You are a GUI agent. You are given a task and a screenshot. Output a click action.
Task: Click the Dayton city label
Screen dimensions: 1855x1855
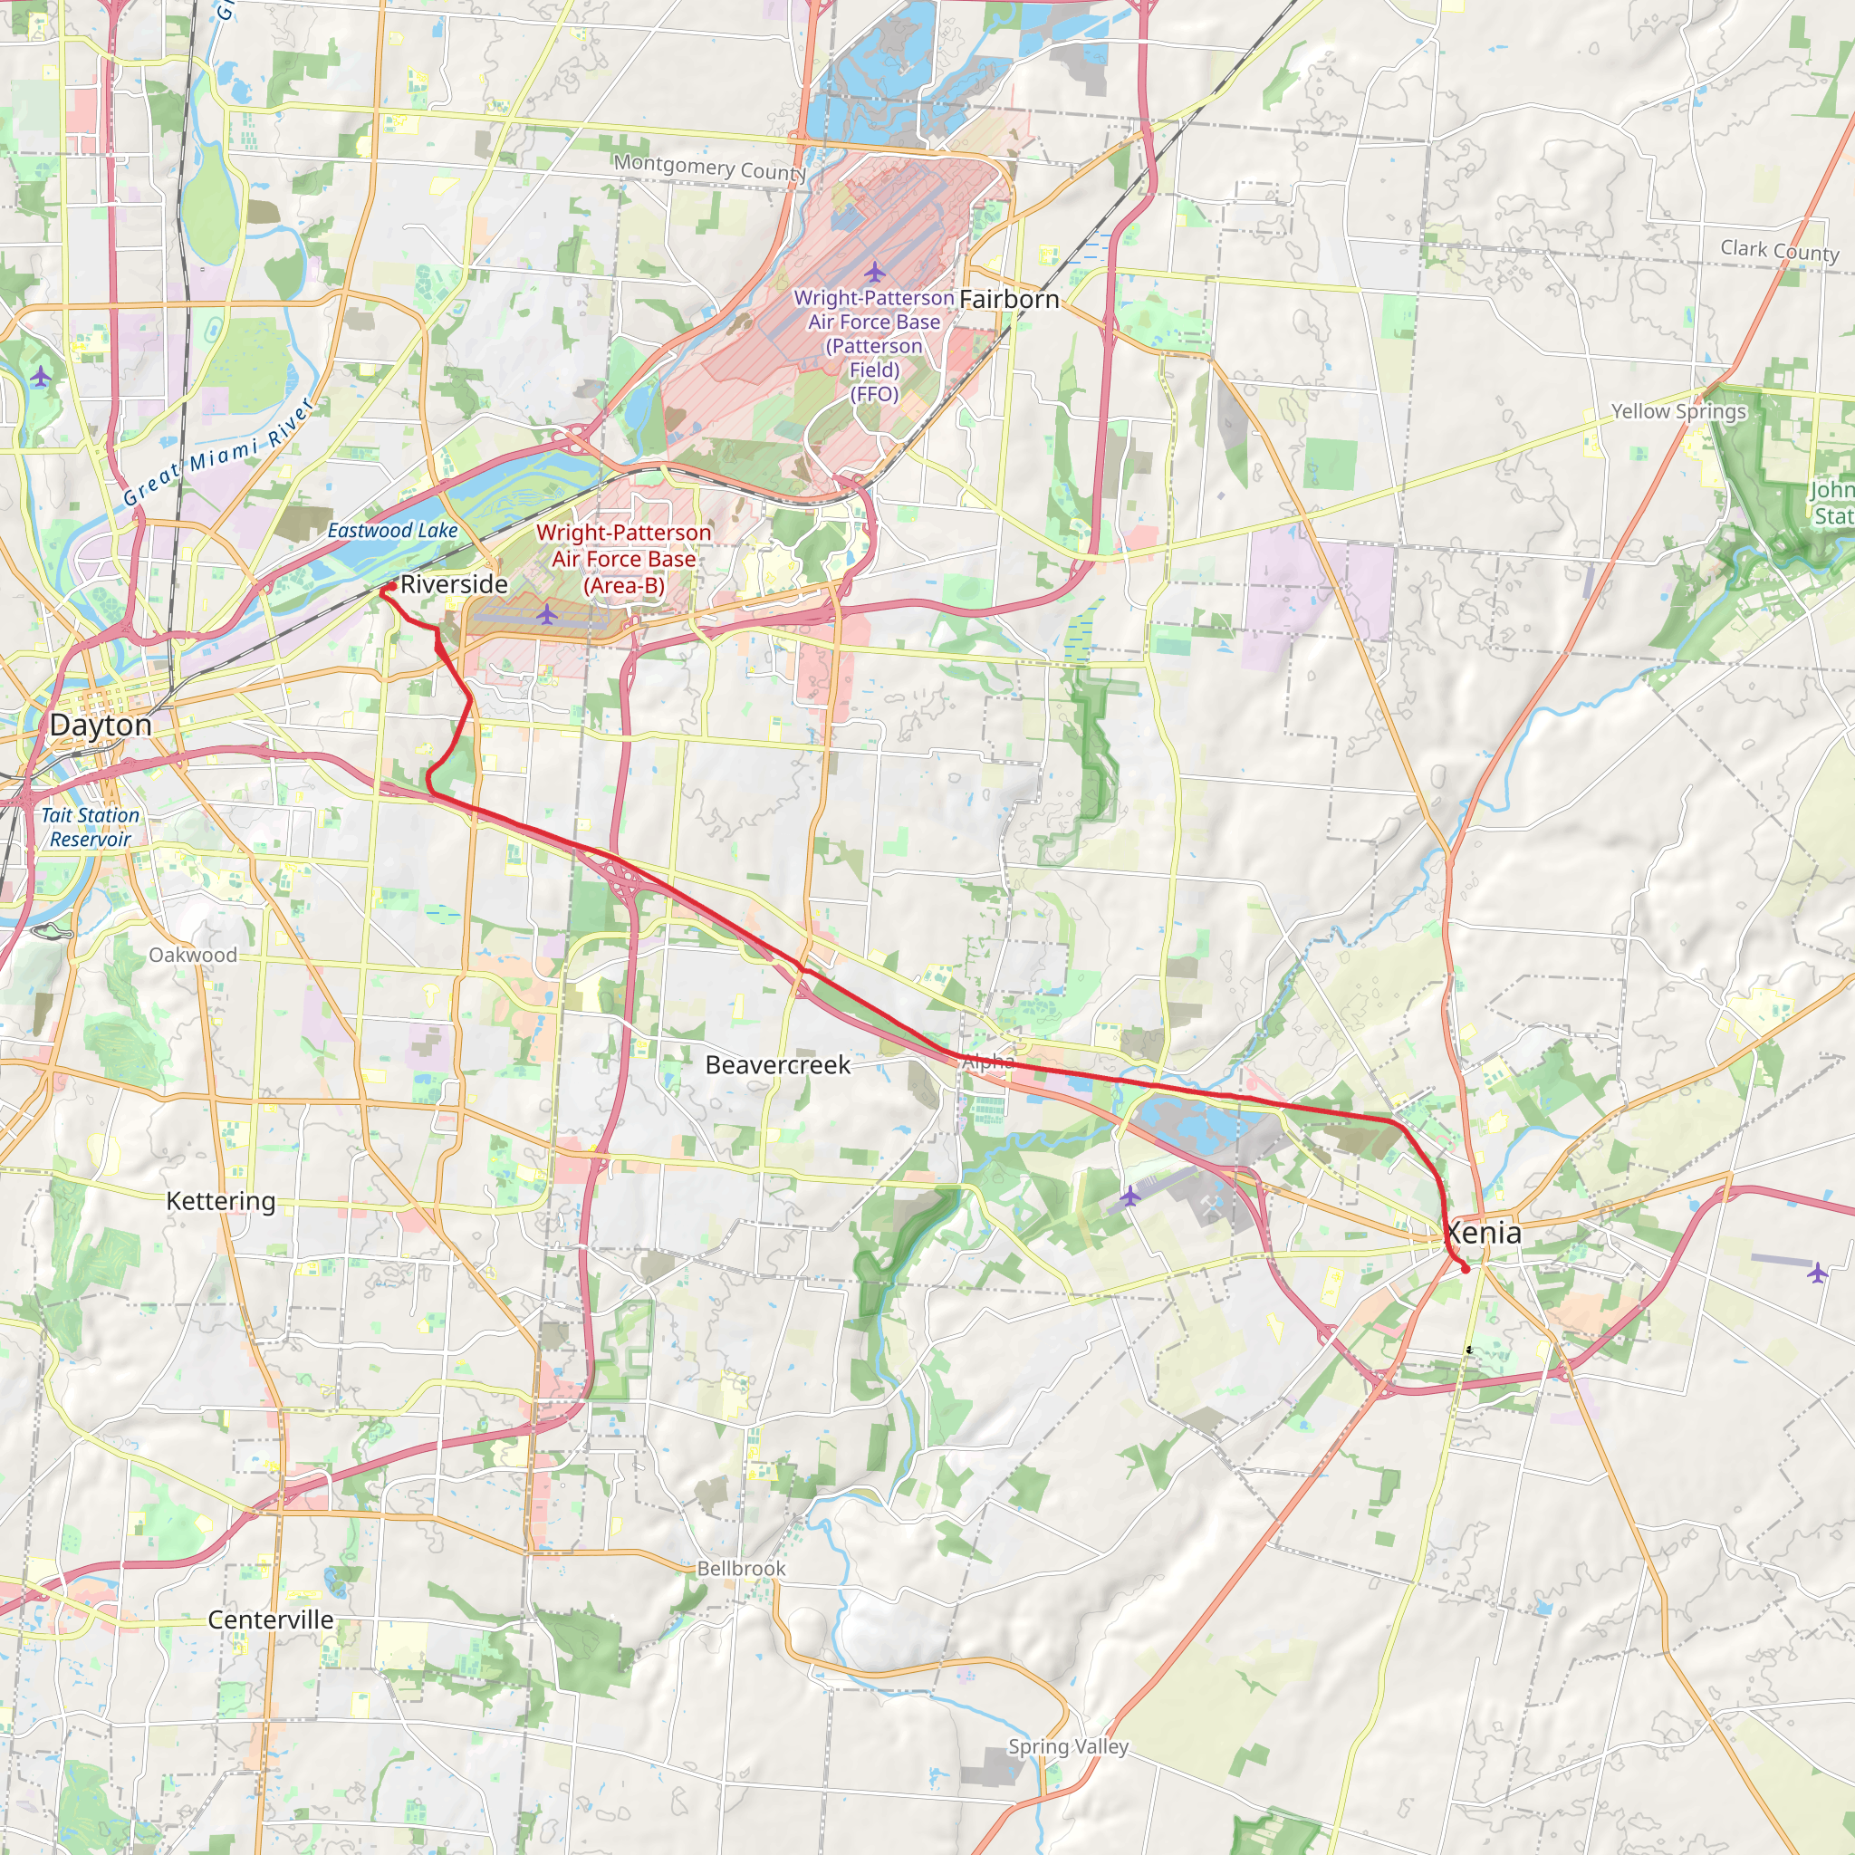coord(101,725)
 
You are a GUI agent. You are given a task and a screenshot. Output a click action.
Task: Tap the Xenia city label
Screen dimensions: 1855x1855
coord(1485,1233)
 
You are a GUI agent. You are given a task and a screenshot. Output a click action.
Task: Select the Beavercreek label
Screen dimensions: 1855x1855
coord(778,1065)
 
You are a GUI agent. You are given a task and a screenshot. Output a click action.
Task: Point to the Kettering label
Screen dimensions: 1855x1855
coord(221,1201)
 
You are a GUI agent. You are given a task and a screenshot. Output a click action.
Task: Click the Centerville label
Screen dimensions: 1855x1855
coord(271,1620)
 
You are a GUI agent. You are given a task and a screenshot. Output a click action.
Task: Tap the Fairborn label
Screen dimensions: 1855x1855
coord(1009,300)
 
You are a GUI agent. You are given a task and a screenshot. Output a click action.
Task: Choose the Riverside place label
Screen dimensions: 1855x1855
coord(453,584)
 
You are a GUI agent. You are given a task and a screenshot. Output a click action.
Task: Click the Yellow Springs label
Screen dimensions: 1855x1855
coord(1678,411)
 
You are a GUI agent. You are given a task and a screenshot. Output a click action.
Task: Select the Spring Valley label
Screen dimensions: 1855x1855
coord(1068,1746)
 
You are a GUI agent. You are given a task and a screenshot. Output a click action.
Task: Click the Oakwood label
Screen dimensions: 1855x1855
coord(193,956)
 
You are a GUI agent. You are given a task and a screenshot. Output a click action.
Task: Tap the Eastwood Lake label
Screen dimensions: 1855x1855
coord(393,530)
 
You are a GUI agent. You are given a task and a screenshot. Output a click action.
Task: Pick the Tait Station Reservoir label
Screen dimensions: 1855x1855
coord(91,827)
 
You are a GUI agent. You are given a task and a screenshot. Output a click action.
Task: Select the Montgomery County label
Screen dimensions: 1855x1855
coord(710,168)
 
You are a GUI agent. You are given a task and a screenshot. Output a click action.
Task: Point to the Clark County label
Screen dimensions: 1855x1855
coord(1779,251)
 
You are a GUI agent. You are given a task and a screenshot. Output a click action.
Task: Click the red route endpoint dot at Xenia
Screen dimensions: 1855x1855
coord(1466,1269)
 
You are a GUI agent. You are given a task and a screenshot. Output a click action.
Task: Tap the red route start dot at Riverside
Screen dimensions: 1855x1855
coord(391,586)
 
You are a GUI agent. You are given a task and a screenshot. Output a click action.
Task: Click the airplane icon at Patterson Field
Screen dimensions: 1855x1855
coord(874,273)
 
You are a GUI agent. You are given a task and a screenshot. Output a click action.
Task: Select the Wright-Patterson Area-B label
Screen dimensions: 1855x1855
coord(624,559)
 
